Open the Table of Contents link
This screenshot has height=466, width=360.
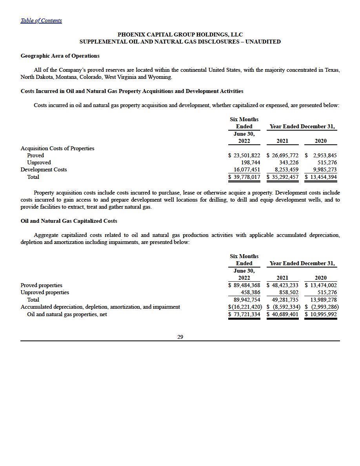click(41, 20)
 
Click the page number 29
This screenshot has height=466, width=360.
click(180, 337)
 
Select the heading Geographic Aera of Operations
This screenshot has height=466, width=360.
click(60, 56)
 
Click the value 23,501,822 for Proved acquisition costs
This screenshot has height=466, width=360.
click(247, 155)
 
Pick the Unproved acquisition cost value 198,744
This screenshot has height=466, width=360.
click(251, 162)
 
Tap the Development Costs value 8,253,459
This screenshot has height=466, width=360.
click(284, 169)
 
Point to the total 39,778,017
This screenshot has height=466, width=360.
click(247, 177)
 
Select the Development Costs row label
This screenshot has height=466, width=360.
click(44, 169)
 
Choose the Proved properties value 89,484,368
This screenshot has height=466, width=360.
click(247, 285)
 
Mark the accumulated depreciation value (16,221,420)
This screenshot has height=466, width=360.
click(245, 307)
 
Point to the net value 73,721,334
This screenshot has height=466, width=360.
click(247, 314)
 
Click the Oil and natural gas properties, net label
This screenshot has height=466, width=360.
click(67, 314)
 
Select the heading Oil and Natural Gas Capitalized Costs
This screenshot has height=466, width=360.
click(69, 221)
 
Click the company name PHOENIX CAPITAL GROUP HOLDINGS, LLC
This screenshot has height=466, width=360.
click(180, 35)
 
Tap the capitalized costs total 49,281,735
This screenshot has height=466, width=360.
click(285, 300)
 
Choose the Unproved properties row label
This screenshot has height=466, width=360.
click(45, 292)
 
